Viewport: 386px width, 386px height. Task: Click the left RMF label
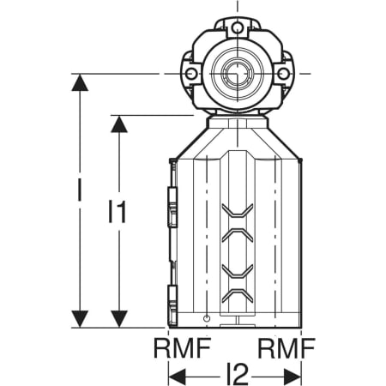click(183, 347)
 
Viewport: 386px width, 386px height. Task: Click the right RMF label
click(286, 347)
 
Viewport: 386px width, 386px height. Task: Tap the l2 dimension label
click(237, 374)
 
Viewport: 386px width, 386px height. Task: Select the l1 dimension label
click(118, 212)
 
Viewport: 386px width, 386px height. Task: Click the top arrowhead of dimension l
click(80, 82)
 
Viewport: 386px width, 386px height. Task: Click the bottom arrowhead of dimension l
click(80, 319)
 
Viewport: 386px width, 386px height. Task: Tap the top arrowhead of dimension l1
click(119, 124)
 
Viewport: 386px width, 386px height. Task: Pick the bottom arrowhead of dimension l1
click(119, 319)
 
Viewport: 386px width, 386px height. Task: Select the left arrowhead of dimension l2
click(178, 377)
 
